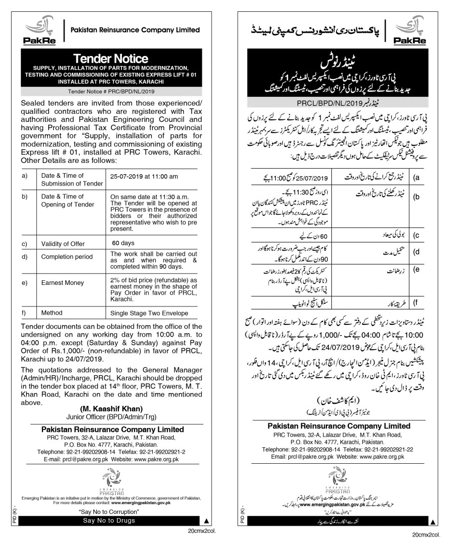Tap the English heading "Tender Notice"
click(x=110, y=58)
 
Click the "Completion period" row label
click(x=68, y=257)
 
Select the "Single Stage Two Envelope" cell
click(x=150, y=313)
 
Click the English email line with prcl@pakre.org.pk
click(x=110, y=460)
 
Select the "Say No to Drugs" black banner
click(x=110, y=521)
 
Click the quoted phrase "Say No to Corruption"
click(x=110, y=512)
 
